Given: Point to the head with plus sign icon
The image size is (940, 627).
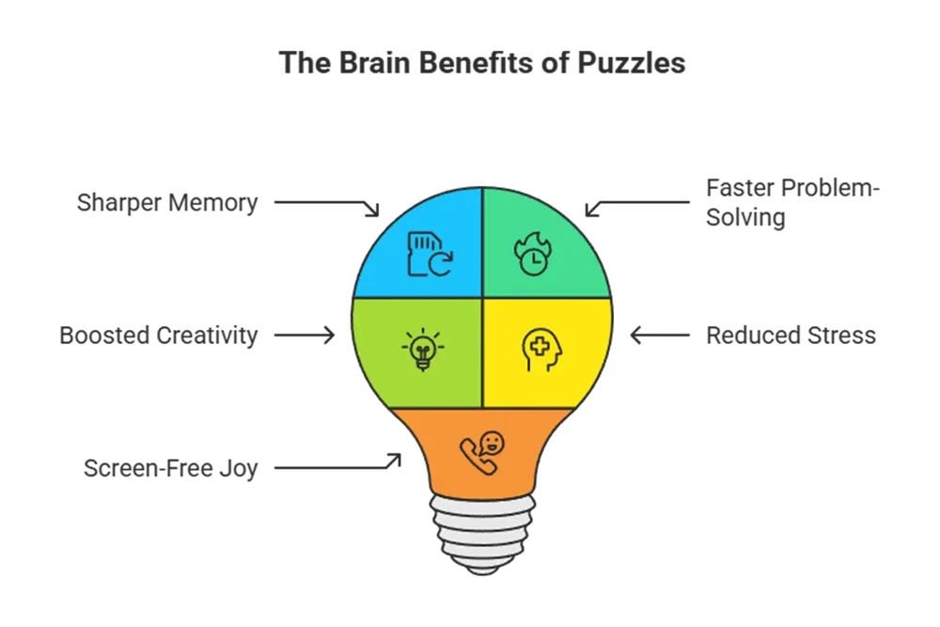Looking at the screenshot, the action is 543,349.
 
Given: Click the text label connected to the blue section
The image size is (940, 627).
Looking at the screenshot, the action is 166,203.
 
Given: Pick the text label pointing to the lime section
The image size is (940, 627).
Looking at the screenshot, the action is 156,334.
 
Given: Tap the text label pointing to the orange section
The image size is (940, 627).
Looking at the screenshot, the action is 169,467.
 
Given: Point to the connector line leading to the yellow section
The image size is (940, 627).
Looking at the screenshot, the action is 663,334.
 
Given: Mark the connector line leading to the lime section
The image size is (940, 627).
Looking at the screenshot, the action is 296,334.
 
